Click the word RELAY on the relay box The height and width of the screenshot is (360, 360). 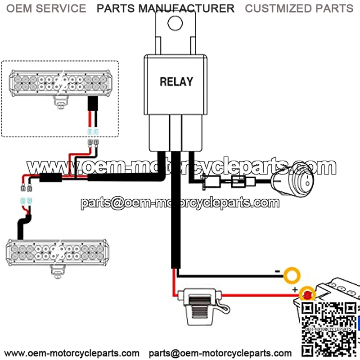[x=176, y=81]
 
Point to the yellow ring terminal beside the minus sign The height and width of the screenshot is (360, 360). [x=293, y=274]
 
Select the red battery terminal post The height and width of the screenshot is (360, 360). [x=308, y=295]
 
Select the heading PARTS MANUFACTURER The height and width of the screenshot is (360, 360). [x=166, y=8]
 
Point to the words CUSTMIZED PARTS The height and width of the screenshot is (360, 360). [x=299, y=8]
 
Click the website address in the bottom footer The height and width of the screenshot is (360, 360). [x=72, y=352]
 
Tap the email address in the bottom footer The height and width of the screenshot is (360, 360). [x=220, y=352]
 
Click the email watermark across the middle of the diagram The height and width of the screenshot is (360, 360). [x=180, y=203]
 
